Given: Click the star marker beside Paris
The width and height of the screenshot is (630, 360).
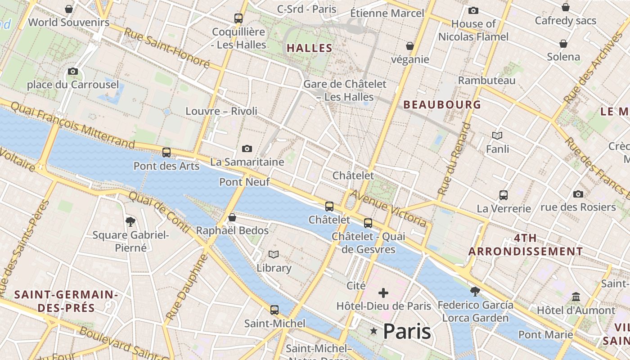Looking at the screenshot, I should click(373, 331).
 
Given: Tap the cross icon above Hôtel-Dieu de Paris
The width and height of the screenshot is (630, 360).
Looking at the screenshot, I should click(383, 293).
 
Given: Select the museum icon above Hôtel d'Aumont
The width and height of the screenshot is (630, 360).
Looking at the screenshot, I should click(576, 297).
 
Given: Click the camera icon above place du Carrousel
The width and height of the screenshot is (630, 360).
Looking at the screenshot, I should click(73, 71).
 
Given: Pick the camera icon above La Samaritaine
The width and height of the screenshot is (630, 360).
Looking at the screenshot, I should click(247, 148).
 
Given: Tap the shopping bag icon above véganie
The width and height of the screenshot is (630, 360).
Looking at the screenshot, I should click(410, 46).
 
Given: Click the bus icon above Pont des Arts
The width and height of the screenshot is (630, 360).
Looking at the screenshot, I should click(166, 152).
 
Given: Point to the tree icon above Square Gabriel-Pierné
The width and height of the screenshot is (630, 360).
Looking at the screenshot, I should click(130, 221).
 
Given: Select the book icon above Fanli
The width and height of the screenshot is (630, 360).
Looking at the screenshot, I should click(497, 135).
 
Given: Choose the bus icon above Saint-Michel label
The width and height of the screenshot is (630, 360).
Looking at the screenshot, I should click(274, 310).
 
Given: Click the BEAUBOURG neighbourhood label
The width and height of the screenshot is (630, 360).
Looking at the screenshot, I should click(442, 105).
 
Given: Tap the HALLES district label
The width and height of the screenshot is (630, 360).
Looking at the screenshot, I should click(310, 48).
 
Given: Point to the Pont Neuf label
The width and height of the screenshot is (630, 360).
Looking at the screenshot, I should click(244, 182).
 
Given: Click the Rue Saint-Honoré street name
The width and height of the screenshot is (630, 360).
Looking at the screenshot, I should click(166, 48).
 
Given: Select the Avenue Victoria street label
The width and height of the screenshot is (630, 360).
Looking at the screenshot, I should click(388, 208).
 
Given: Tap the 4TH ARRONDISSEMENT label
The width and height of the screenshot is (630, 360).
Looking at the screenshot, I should click(526, 245).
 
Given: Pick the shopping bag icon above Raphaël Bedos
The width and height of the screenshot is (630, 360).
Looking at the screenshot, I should click(232, 218).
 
